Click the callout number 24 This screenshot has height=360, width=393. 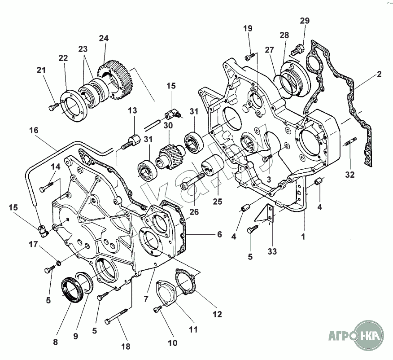tap(104, 39)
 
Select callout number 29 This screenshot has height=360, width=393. tap(305, 21)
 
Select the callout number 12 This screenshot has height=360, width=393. tap(217, 315)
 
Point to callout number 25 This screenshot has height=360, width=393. tap(218, 202)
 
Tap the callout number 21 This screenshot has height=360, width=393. tap(41, 70)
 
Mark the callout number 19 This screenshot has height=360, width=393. tap(248, 29)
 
